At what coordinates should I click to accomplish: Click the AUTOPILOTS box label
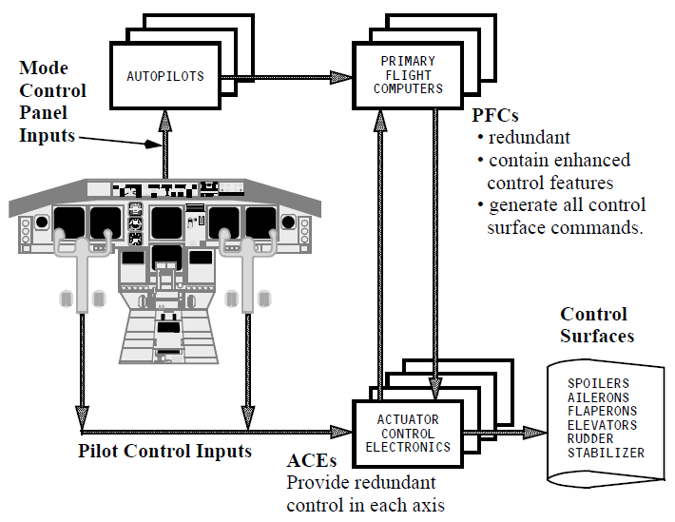(165, 76)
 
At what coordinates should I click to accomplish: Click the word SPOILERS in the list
(598, 384)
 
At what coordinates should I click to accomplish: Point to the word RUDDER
(590, 439)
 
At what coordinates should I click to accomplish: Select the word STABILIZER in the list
(606, 454)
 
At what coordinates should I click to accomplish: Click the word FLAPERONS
(602, 412)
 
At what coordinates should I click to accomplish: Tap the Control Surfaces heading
(596, 324)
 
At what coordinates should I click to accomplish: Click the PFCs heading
(496, 115)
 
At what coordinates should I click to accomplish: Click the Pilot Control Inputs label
(164, 450)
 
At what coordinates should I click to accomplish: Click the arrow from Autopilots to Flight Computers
(285, 76)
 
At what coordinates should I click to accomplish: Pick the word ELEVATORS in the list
(602, 425)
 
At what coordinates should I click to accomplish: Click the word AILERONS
(598, 397)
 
